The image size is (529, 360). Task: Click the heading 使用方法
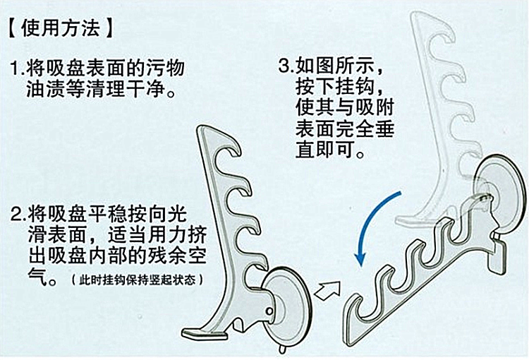point(60,30)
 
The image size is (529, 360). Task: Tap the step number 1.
point(16,70)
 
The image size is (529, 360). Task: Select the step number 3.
point(285,68)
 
